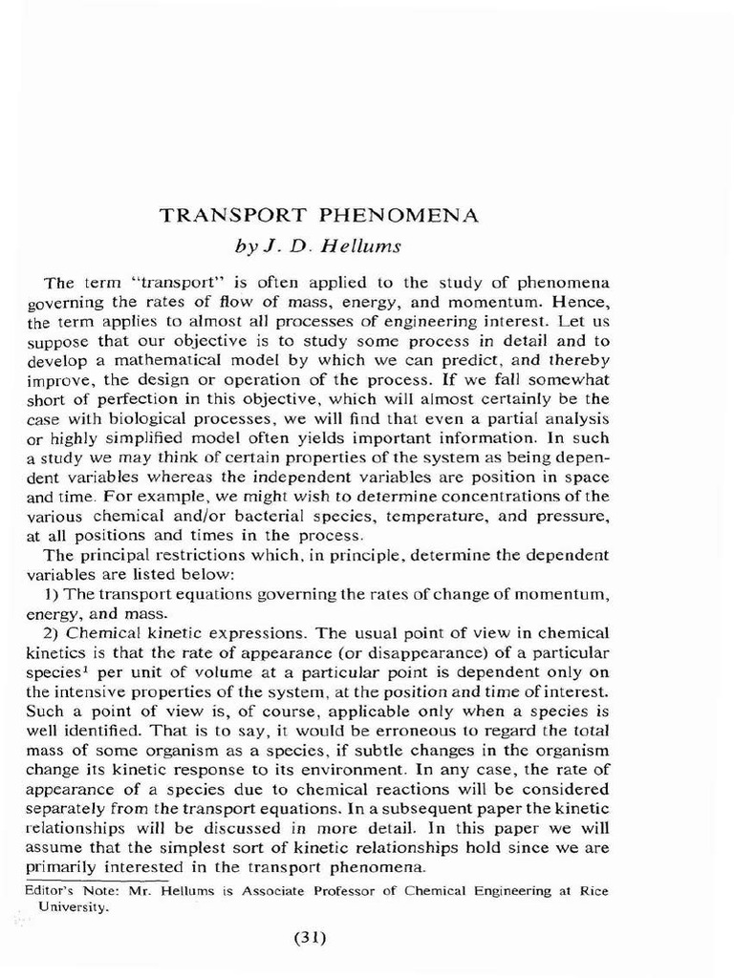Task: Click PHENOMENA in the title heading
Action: (397, 215)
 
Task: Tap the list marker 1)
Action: (52, 593)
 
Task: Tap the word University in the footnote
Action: (76, 908)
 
